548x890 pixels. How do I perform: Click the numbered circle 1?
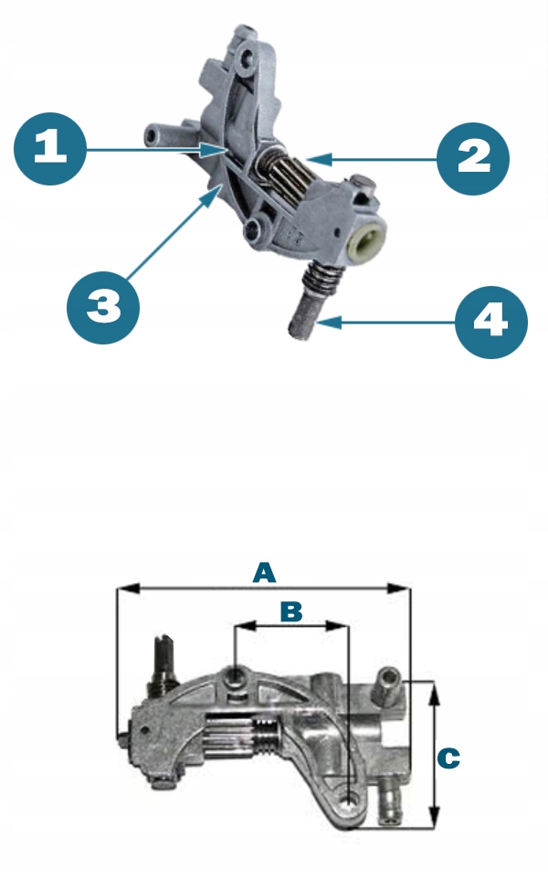tap(50, 148)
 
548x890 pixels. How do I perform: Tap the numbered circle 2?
tap(473, 158)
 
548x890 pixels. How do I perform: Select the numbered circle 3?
tap(103, 307)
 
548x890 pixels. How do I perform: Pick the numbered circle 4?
tap(491, 322)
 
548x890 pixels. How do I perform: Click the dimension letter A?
tap(264, 573)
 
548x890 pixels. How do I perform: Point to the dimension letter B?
tap(291, 612)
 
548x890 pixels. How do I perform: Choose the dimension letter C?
tap(448, 758)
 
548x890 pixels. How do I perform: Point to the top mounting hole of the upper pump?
tap(247, 58)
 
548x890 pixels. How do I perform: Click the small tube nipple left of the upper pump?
tap(161, 134)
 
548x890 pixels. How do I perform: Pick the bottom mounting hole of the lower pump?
tap(350, 800)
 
